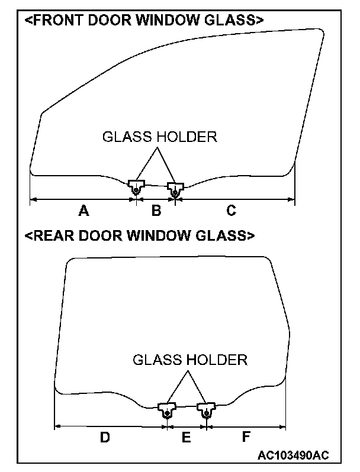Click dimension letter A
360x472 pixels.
83,210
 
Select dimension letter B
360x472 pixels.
156,210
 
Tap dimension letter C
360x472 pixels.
232,210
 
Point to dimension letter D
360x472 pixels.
104,437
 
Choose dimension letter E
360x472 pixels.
186,437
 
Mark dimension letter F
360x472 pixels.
246,437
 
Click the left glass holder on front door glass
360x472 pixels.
137,186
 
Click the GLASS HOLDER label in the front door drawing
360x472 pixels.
160,137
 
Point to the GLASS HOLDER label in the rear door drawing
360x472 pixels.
189,360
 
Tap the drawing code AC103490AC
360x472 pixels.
293,455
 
